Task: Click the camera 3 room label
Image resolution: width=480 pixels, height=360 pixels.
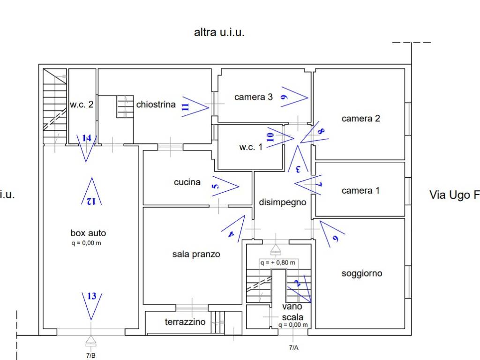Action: [253, 97]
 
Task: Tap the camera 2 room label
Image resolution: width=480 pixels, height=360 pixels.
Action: [360, 119]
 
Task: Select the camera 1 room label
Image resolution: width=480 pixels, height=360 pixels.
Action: [360, 190]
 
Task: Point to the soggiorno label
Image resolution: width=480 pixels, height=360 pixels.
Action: [361, 273]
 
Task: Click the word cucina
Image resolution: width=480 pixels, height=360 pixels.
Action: [187, 182]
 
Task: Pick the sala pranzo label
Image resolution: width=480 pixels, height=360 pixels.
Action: [196, 254]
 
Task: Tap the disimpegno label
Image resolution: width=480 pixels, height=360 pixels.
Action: [283, 202]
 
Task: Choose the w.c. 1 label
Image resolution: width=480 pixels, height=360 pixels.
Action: [251, 147]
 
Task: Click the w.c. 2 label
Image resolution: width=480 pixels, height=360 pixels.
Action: [82, 105]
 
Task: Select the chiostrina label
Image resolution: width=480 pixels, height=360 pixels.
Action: [156, 105]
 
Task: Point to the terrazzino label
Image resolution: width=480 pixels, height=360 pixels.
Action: [185, 322]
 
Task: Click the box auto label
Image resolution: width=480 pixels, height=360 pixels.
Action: [88, 232]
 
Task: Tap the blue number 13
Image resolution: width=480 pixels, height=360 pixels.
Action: [92, 296]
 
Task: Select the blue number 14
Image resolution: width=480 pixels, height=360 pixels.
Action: [86, 138]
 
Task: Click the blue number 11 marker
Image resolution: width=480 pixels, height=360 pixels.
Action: [185, 106]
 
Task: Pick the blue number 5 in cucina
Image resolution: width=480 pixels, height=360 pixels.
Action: [215, 186]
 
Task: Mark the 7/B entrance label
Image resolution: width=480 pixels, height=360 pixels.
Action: [91, 355]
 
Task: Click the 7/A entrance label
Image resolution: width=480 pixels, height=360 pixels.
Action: [293, 347]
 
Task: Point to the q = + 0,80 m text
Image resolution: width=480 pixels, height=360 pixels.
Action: [279, 262]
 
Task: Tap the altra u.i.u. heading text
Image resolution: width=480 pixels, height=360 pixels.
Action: [219, 32]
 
